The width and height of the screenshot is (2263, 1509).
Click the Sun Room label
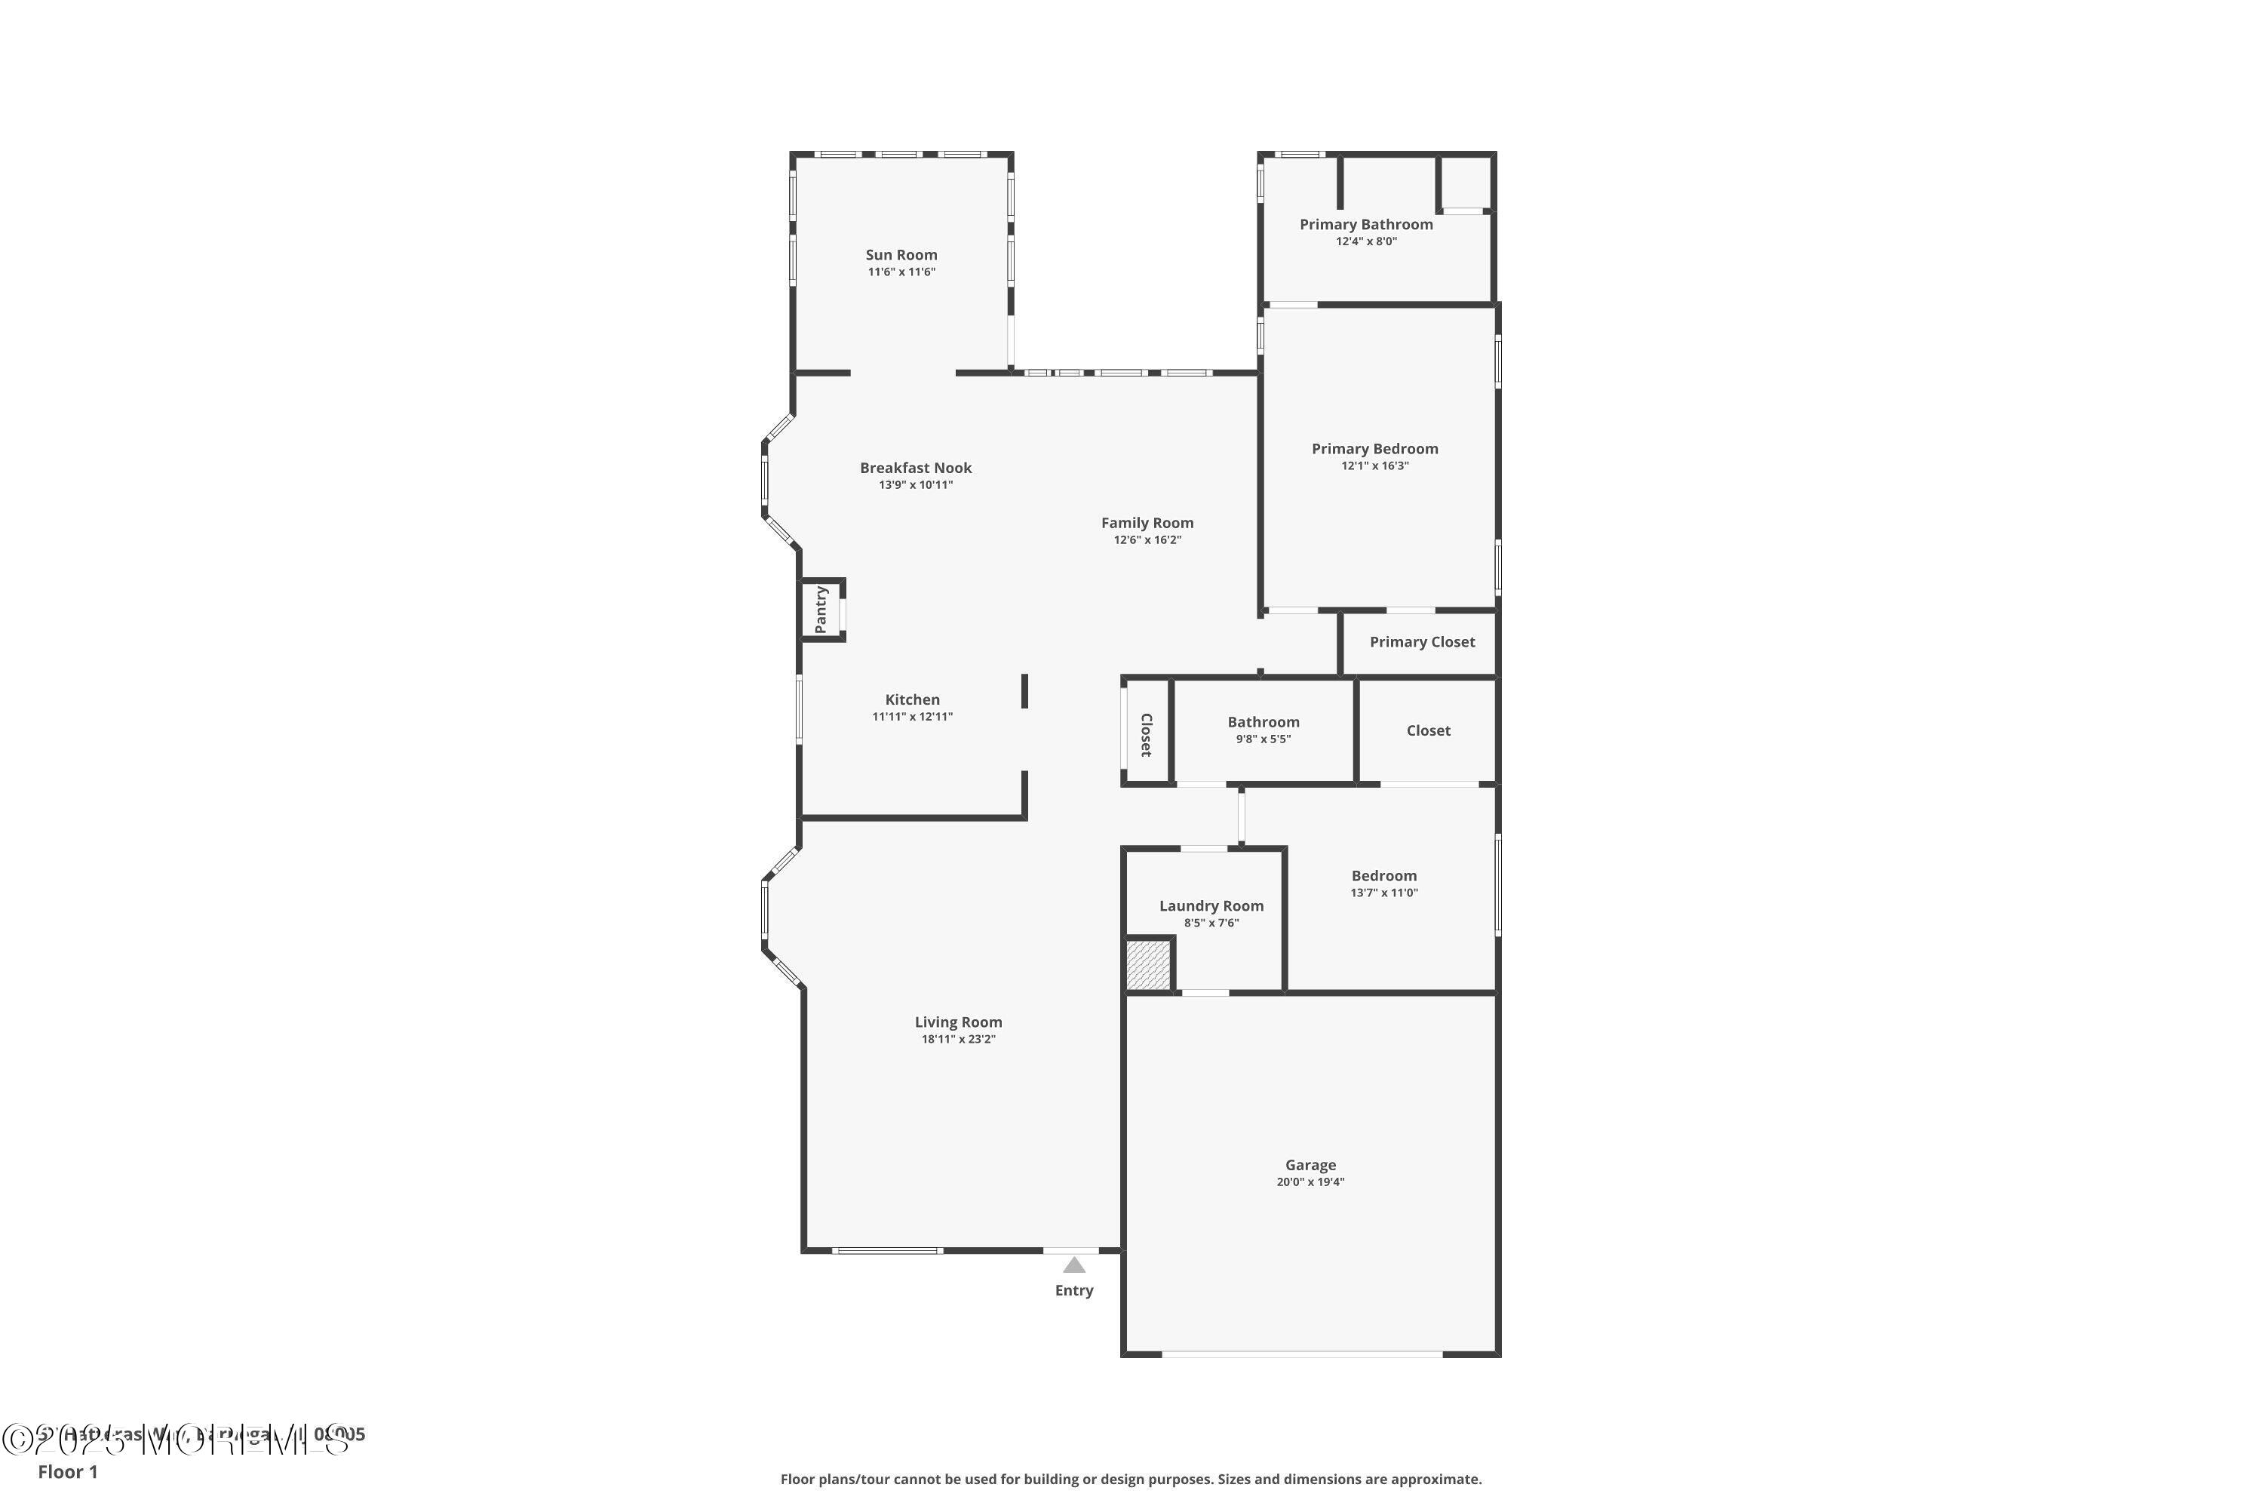click(901, 255)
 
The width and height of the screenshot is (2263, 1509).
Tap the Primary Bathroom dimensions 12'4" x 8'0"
click(1365, 241)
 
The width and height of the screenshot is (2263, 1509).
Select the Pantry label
click(821, 609)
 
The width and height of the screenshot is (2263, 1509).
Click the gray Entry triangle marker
click(1073, 1265)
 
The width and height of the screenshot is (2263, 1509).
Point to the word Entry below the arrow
click(1073, 1290)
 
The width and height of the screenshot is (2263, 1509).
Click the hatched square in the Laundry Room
click(1148, 964)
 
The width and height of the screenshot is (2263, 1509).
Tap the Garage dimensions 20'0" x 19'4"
click(1310, 1182)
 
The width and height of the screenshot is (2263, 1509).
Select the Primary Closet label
click(1421, 642)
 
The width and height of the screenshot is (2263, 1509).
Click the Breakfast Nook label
click(915, 468)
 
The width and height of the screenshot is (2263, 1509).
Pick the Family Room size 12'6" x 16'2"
click(1147, 540)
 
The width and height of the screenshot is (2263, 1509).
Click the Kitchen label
click(912, 699)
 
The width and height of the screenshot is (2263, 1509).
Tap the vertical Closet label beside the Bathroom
click(1146, 734)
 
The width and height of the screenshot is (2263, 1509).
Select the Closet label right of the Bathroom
click(1428, 730)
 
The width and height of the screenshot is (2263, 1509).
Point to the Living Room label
click(957, 1022)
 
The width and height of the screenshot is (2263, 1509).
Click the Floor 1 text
click(67, 1471)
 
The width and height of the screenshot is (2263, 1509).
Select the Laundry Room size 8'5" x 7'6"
click(1211, 923)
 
